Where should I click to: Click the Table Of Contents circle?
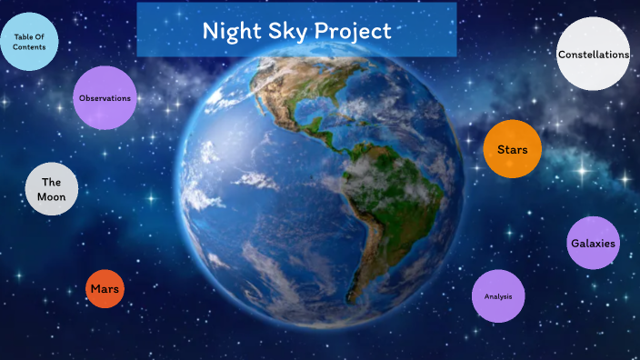coord(29,41)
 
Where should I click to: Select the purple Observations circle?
coord(105,97)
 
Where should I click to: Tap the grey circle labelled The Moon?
coord(51,189)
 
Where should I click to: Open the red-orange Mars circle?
coord(105,289)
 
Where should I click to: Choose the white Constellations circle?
coord(593,54)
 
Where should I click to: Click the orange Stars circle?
coord(512,148)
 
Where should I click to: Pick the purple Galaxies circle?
coord(593,243)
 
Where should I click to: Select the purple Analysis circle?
coord(498,296)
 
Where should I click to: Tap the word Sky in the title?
coord(290,31)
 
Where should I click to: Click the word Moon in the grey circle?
coord(51,197)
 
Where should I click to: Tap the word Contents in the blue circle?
coord(29,46)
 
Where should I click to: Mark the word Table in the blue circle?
coord(23,35)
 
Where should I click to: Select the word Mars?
coord(105,289)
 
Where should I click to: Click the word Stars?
coord(512,148)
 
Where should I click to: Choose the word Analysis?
coord(498,296)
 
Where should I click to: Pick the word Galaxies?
coord(593,244)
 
